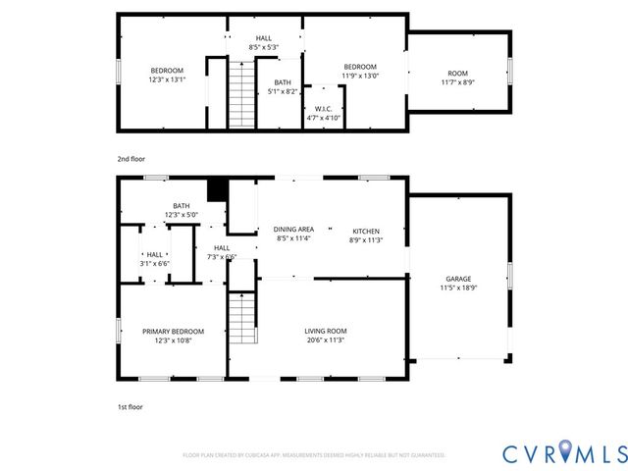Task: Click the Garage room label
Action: [457, 278]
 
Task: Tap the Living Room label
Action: [325, 331]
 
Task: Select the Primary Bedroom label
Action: [173, 331]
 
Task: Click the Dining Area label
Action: [293, 229]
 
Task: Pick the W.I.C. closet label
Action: [323, 108]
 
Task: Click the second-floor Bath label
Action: [283, 82]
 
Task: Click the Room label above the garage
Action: [458, 73]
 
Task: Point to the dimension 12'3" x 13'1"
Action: [167, 80]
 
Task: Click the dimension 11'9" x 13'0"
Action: [360, 75]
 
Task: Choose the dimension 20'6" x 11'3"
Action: [325, 340]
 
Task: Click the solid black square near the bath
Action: [218, 189]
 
